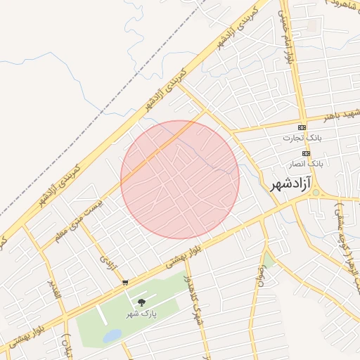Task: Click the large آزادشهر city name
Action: point(290,184)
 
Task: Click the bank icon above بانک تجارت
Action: point(302,127)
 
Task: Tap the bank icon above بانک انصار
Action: point(306,153)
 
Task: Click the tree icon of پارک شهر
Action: point(141,302)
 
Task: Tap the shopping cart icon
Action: point(125,283)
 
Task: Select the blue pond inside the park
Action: point(111,337)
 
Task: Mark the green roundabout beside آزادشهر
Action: point(316,192)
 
